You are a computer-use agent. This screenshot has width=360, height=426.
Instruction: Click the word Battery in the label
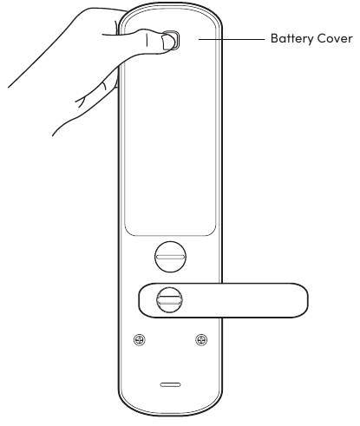pos(291,39)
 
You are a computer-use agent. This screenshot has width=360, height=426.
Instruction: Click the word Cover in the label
pos(335,38)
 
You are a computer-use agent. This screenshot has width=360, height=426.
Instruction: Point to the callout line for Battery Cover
pos(232,39)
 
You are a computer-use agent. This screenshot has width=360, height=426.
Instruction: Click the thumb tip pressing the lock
pos(167,42)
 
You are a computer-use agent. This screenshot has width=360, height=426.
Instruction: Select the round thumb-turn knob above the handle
pos(170,257)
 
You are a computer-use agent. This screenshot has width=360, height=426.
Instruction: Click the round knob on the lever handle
pos(170,300)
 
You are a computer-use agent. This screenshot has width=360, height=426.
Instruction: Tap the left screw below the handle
pos(140,339)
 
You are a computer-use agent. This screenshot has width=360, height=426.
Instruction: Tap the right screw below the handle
pos(201,339)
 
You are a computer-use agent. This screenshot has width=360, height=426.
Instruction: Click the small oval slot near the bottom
pos(170,384)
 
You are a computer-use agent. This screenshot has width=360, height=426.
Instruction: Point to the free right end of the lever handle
pos(305,300)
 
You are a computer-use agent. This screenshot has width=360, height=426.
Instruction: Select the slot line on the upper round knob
pos(170,257)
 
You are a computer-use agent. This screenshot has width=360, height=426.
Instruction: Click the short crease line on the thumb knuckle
pos(147,40)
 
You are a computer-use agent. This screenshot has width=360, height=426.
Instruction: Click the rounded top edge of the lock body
pos(170,3)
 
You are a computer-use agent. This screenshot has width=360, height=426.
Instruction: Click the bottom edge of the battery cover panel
pos(170,235)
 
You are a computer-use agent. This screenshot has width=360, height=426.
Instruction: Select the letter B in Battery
pos(274,38)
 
